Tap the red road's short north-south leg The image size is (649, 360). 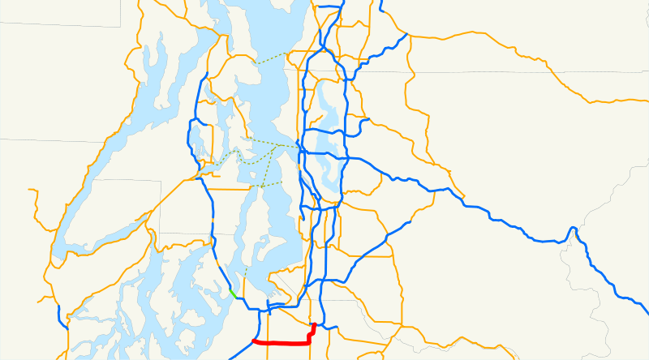(313, 332)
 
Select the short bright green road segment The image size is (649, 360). (233, 294)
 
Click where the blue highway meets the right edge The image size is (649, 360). (647, 313)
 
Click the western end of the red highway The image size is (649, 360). (255, 341)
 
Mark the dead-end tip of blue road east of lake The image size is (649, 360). (369, 120)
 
